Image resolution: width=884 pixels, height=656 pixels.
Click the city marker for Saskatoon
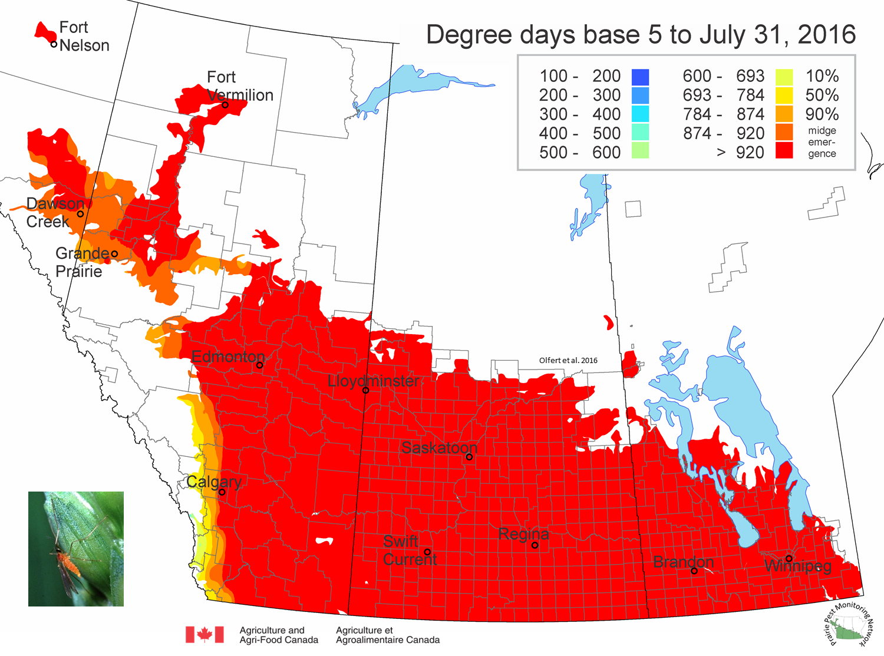click(x=469, y=457)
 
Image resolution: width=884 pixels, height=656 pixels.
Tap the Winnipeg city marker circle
click(x=789, y=559)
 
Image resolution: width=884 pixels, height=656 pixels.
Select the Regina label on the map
click(x=523, y=534)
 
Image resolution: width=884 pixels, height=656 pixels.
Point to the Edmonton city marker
click(x=259, y=365)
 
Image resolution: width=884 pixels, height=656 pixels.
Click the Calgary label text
click(x=213, y=482)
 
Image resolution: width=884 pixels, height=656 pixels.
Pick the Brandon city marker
click(x=694, y=571)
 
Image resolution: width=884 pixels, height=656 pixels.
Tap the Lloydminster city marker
click(x=365, y=390)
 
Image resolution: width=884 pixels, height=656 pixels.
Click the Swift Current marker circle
click(x=427, y=552)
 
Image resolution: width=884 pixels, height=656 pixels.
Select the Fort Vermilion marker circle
click(x=225, y=105)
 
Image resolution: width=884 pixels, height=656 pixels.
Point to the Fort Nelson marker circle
click(x=54, y=45)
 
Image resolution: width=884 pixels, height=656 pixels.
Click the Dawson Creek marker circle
click(x=80, y=213)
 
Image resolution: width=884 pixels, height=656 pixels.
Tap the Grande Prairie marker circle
click(x=114, y=253)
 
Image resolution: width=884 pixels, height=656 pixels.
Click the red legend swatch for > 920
click(x=784, y=151)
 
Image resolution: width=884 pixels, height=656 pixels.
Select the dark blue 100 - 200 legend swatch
click(x=640, y=77)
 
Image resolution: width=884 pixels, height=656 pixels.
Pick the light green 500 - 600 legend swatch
click(x=640, y=151)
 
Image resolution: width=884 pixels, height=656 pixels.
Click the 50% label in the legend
click(x=822, y=95)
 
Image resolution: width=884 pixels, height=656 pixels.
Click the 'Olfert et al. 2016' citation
click(x=568, y=360)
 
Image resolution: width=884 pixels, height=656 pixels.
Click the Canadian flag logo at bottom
click(x=204, y=635)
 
